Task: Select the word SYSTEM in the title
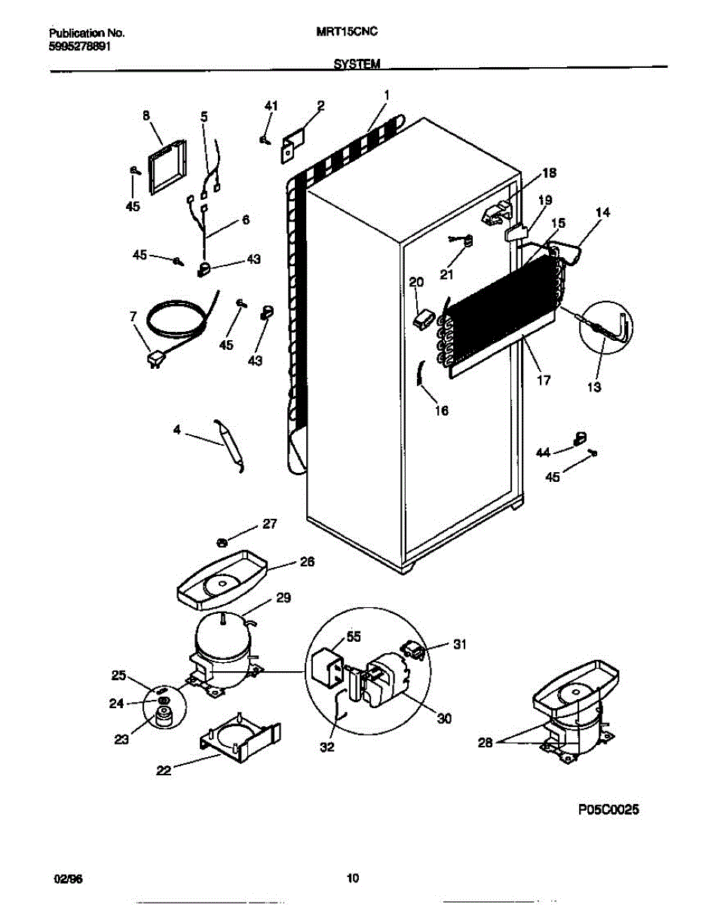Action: click(x=357, y=65)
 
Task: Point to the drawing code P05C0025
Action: click(x=608, y=810)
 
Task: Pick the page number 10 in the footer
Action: click(x=352, y=878)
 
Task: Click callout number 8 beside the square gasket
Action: click(x=146, y=115)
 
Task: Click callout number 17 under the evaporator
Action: click(x=543, y=381)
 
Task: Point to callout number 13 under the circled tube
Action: click(x=594, y=388)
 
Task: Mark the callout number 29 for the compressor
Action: click(x=283, y=598)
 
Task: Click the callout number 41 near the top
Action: click(x=271, y=106)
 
